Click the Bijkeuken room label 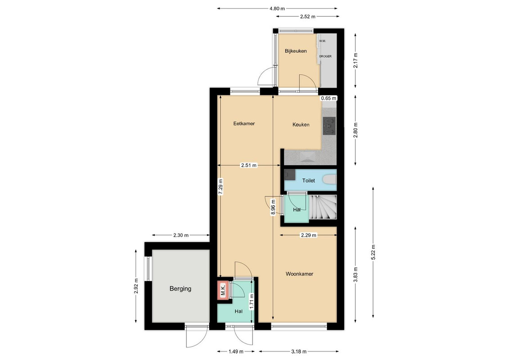coord(296,51)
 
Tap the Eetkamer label coord(244,123)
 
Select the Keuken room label coord(301,125)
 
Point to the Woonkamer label coord(299,274)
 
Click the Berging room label coord(180,288)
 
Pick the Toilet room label coord(309,180)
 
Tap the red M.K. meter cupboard coord(223,290)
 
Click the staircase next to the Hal coord(323,207)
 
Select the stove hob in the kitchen coord(329,126)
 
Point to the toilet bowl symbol coord(330,180)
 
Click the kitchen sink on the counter coord(307,156)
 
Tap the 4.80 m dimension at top coord(277,9)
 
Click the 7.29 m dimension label coord(221,187)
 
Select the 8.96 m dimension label coord(273,207)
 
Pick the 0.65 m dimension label coord(329,98)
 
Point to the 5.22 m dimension coord(373,252)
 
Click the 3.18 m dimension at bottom coord(299,351)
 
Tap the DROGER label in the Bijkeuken coord(325,57)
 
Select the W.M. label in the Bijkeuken coord(322,41)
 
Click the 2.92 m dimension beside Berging coord(136,286)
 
